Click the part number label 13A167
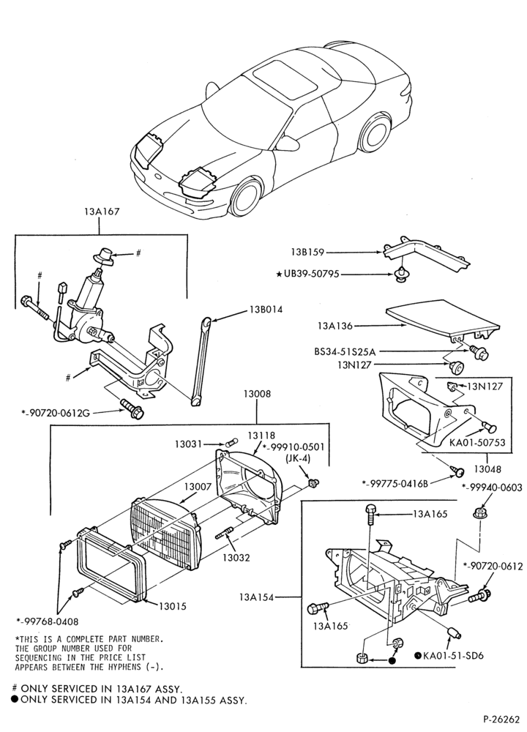click(x=101, y=212)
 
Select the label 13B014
click(x=266, y=310)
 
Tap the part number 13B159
click(x=307, y=253)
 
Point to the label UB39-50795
click(x=311, y=274)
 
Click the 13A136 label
click(x=335, y=326)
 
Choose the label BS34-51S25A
click(x=345, y=351)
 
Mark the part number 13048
click(x=487, y=468)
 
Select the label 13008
click(x=257, y=394)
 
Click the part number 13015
click(x=172, y=606)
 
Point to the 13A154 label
click(x=256, y=597)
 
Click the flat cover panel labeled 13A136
click(x=442, y=318)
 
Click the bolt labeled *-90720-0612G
click(x=132, y=408)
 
